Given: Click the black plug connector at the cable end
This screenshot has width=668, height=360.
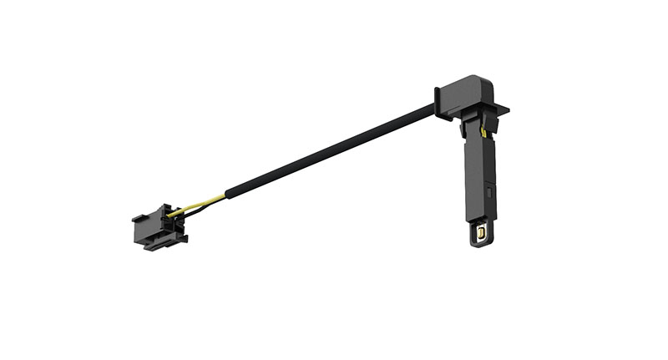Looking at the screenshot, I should pyautogui.click(x=157, y=228).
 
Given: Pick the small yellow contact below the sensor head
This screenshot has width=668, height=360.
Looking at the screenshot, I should pyautogui.click(x=483, y=132).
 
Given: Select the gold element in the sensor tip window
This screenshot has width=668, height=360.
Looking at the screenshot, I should pyautogui.click(x=481, y=236).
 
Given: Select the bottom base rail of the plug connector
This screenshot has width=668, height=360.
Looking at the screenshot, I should pyautogui.click(x=163, y=244).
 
